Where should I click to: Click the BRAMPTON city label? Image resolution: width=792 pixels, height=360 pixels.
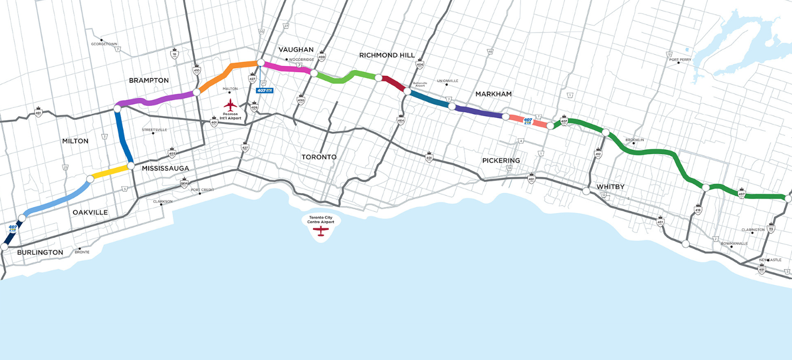click(149, 81)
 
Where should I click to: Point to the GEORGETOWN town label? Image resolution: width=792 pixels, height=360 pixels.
click(105, 44)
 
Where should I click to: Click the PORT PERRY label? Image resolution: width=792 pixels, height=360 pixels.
click(680, 60)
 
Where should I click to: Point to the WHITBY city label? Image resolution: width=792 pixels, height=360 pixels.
click(611, 186)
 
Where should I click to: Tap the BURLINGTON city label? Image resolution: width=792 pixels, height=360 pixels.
click(40, 253)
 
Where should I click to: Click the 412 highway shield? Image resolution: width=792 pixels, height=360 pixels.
click(598, 153)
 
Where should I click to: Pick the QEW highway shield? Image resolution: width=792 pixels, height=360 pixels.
click(184, 183)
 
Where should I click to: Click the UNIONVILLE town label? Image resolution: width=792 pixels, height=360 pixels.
click(447, 81)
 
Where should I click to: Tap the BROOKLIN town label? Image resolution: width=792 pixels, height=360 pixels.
click(635, 140)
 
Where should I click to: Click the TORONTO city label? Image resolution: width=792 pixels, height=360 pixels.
click(319, 156)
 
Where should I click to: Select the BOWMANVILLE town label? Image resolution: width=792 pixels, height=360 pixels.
click(734, 243)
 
